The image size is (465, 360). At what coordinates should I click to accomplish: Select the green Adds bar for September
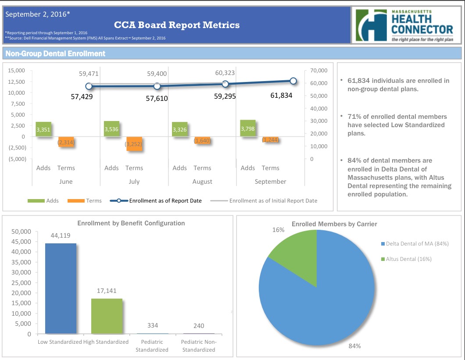pos(248,128)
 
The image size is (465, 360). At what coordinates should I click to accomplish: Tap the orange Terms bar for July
pos(134,143)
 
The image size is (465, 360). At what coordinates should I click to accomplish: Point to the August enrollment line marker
pos(225,84)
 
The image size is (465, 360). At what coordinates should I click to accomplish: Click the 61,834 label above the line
pos(281,95)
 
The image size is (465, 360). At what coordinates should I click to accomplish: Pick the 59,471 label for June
pos(89,74)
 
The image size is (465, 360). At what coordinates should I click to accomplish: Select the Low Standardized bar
pos(61,288)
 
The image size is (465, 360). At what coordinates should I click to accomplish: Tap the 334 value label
pos(152,325)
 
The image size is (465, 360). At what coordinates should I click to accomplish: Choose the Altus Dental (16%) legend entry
pos(408,259)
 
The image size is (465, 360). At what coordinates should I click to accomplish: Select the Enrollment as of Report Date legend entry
pos(165,201)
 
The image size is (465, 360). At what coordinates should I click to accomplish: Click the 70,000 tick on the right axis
pos(318,71)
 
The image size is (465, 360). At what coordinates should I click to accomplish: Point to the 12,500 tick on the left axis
pos(17,82)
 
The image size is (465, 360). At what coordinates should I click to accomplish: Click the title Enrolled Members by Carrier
pos(334,224)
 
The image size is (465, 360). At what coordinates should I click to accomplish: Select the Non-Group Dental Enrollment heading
pos(55,53)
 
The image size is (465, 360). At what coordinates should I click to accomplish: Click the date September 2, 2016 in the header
pos(37,14)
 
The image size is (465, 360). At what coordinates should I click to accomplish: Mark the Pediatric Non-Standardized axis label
pos(199,346)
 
